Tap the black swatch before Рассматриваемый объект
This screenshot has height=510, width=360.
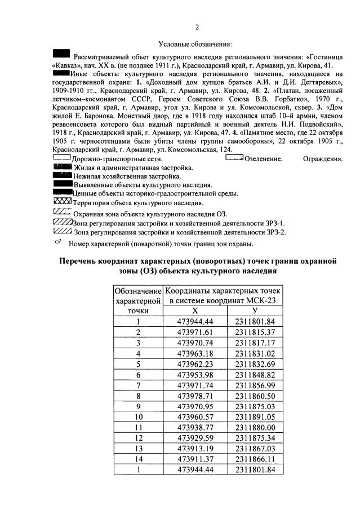(x=61, y=54)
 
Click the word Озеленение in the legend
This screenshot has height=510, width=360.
(x=264, y=159)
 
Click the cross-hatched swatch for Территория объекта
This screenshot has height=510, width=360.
(x=62, y=201)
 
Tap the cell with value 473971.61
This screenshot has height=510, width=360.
(x=194, y=332)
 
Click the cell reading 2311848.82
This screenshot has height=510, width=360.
(x=255, y=375)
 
